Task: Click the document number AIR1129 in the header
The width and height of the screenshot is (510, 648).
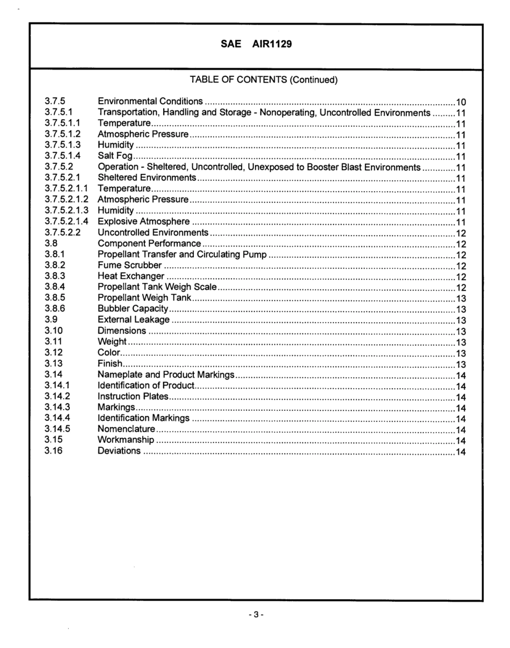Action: point(272,45)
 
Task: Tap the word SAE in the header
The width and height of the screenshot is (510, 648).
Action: point(231,45)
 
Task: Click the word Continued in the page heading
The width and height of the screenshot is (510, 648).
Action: point(314,80)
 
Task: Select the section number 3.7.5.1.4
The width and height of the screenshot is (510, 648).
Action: point(63,156)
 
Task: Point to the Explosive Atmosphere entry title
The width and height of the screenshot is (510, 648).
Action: point(143,222)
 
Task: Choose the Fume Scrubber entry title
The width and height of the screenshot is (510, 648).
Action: point(129,265)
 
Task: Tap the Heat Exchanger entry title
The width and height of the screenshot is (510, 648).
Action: point(131,276)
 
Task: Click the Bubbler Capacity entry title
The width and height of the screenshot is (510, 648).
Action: point(133,309)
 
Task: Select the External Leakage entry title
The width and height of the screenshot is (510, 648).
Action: point(134,320)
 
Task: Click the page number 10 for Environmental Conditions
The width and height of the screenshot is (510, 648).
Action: point(461,102)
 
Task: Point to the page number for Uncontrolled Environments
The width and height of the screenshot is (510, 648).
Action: point(461,233)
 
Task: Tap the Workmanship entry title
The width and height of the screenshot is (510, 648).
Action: point(126,440)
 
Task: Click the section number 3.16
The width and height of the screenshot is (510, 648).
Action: point(54,451)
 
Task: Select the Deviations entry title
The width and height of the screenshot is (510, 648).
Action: point(119,451)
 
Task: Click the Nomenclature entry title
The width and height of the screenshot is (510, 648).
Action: point(126,429)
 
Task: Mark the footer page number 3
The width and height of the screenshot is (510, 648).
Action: point(256,614)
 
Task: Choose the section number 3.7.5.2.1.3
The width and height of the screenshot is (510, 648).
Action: point(67,211)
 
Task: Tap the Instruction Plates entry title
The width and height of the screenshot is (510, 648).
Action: point(133,397)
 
